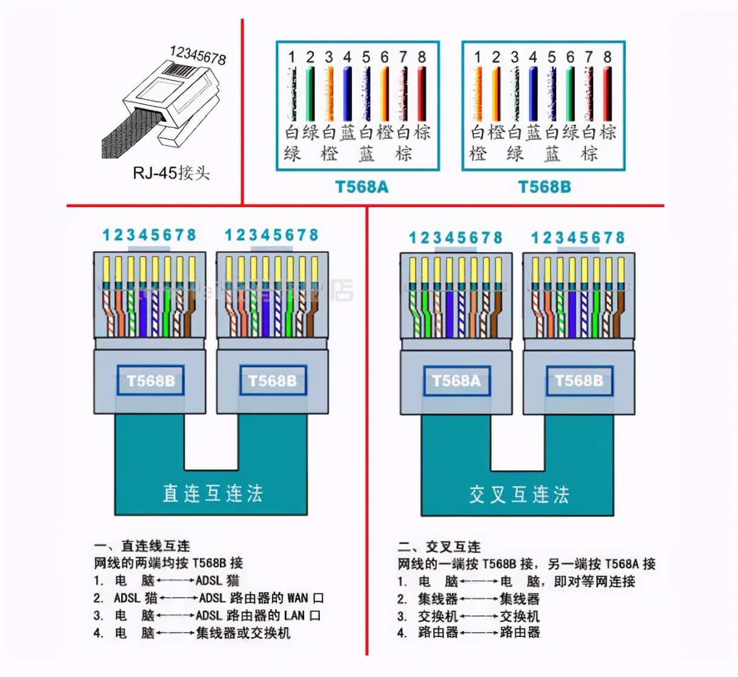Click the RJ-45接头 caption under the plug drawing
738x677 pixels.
coord(171,173)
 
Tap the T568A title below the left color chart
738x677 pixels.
coord(362,187)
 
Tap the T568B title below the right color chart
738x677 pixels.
coord(544,187)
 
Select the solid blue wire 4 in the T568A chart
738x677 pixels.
coord(347,94)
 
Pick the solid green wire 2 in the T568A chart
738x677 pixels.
coord(310,94)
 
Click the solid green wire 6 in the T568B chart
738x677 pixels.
coord(570,94)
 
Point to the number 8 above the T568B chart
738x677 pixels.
coord(607,57)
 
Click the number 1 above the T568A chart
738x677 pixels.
coord(291,57)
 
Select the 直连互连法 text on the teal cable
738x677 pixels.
coord(212,493)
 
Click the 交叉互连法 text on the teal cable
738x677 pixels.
coord(519,494)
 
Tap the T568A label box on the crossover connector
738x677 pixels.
coord(456,381)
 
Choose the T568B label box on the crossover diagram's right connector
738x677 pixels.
coord(579,381)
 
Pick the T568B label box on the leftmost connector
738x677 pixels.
coord(150,381)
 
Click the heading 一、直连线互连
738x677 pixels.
coord(142,546)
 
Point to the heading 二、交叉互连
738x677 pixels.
coord(439,547)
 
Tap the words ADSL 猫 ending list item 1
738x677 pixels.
coord(217,581)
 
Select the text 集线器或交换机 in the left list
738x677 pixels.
coord(243,633)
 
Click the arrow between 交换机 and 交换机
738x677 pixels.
coord(479,616)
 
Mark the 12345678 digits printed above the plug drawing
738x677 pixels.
coord(198,55)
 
